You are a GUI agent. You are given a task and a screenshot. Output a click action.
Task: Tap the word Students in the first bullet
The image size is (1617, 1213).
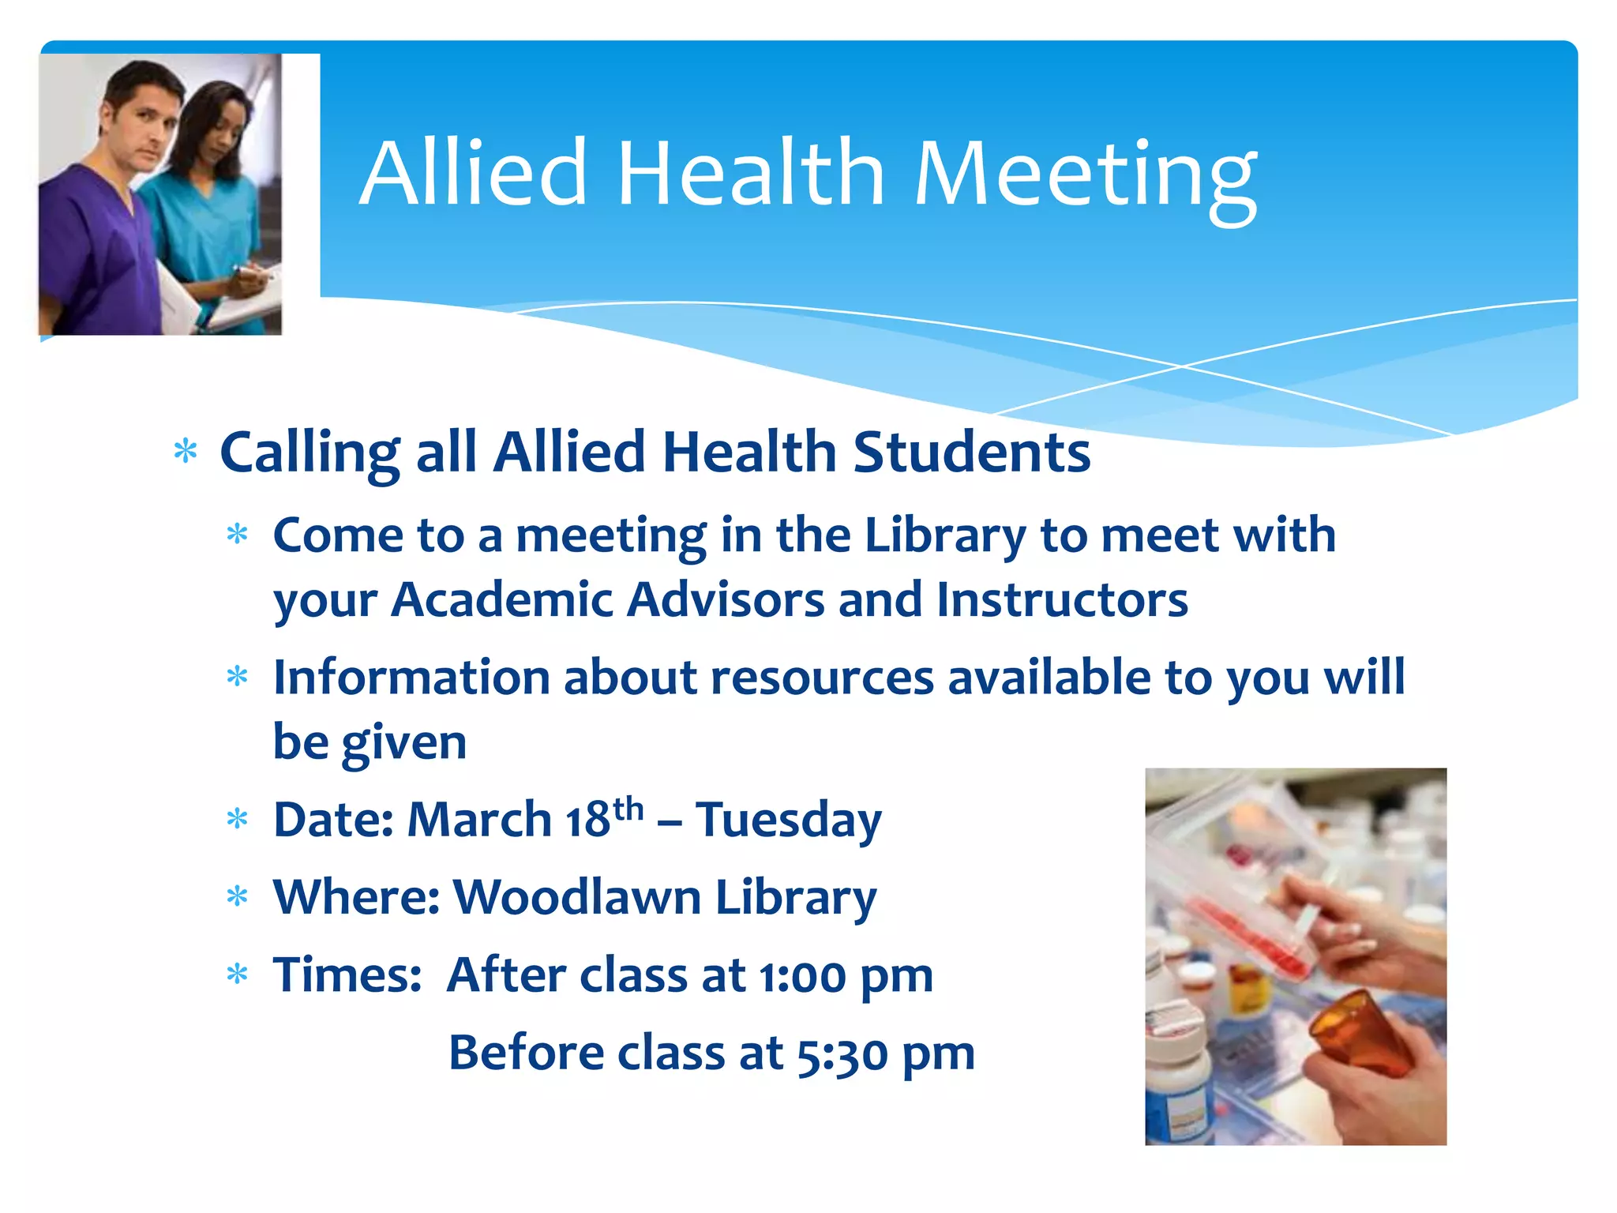[x=972, y=453]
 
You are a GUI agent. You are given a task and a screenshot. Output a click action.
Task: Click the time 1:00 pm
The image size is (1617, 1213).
[x=846, y=976]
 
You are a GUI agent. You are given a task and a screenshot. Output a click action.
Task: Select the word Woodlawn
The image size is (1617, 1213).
[x=577, y=898]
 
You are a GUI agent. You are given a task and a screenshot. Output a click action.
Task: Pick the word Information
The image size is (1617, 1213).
[x=411, y=678]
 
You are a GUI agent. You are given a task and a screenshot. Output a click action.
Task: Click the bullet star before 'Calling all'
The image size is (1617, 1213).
[x=186, y=452]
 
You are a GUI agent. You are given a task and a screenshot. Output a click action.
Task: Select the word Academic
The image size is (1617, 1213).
[x=502, y=600]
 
